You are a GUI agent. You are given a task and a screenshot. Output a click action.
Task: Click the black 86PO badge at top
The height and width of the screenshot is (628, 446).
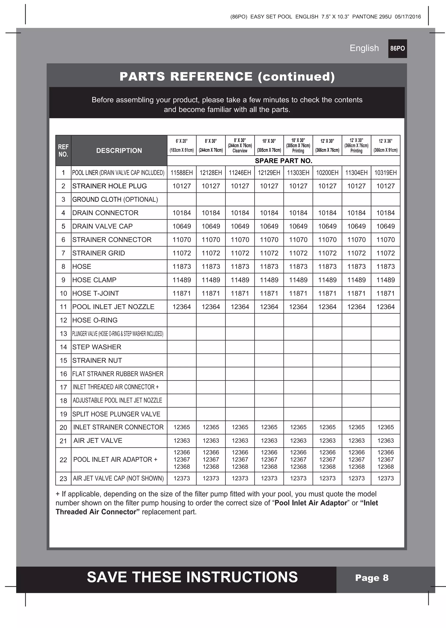[397, 49]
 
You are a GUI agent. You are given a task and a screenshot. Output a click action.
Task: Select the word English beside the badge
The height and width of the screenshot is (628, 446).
[364, 48]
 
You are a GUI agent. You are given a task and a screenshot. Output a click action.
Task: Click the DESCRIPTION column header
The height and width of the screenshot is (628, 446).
[119, 151]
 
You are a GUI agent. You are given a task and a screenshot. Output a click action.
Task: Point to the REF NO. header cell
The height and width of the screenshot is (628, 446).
[63, 151]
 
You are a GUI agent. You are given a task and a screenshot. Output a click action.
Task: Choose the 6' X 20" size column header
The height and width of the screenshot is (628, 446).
[182, 145]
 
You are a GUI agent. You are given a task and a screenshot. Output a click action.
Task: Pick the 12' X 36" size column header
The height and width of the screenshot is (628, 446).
[385, 145]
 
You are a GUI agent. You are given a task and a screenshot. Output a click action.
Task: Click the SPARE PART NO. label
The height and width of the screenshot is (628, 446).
[283, 161]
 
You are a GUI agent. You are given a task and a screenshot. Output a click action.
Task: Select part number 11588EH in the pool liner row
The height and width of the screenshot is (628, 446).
[182, 173]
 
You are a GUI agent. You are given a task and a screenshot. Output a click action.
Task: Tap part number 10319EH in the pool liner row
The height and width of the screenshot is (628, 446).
[385, 173]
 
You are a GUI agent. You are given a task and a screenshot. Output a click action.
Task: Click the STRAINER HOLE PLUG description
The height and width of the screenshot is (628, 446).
[109, 186]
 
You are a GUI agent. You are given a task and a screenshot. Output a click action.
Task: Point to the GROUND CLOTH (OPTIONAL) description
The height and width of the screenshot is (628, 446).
[115, 199]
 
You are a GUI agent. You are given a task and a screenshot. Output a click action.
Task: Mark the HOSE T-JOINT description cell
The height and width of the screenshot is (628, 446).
[95, 293]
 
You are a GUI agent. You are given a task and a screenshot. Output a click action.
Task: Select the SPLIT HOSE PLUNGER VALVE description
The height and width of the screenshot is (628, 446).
[116, 414]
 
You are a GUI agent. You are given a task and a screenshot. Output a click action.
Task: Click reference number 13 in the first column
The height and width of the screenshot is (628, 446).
[63, 334]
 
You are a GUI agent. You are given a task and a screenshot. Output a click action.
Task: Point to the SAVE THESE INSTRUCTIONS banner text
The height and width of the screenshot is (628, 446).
[192, 577]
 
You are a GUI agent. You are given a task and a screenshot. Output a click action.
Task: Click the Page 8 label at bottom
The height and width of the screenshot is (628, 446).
[372, 578]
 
